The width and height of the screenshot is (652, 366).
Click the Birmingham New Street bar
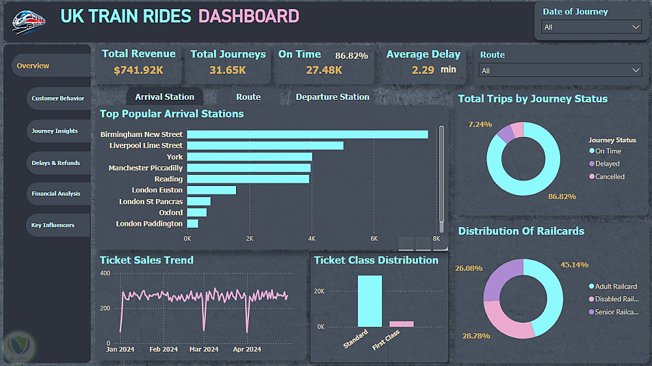point(307,134)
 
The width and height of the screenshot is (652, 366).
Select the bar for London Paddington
point(192,224)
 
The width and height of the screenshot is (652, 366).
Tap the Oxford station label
point(171,213)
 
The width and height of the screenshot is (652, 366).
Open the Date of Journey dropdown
point(592,27)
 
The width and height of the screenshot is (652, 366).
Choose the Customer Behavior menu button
point(57,99)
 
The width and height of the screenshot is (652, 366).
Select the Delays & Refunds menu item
point(55,162)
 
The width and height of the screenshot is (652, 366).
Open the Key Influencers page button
point(53,225)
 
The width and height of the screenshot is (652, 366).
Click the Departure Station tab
point(333,97)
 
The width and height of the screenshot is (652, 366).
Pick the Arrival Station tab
point(164,97)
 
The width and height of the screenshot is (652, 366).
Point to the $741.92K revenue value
point(139,70)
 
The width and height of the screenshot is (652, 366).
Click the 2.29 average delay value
point(423,70)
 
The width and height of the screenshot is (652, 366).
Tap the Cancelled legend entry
point(610,177)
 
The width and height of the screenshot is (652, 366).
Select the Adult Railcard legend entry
point(615,286)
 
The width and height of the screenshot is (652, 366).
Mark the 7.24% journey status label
point(480,124)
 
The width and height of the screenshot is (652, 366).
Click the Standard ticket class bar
point(370,301)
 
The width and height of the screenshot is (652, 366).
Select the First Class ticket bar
point(402,324)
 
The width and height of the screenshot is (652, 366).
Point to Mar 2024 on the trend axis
point(204,350)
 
